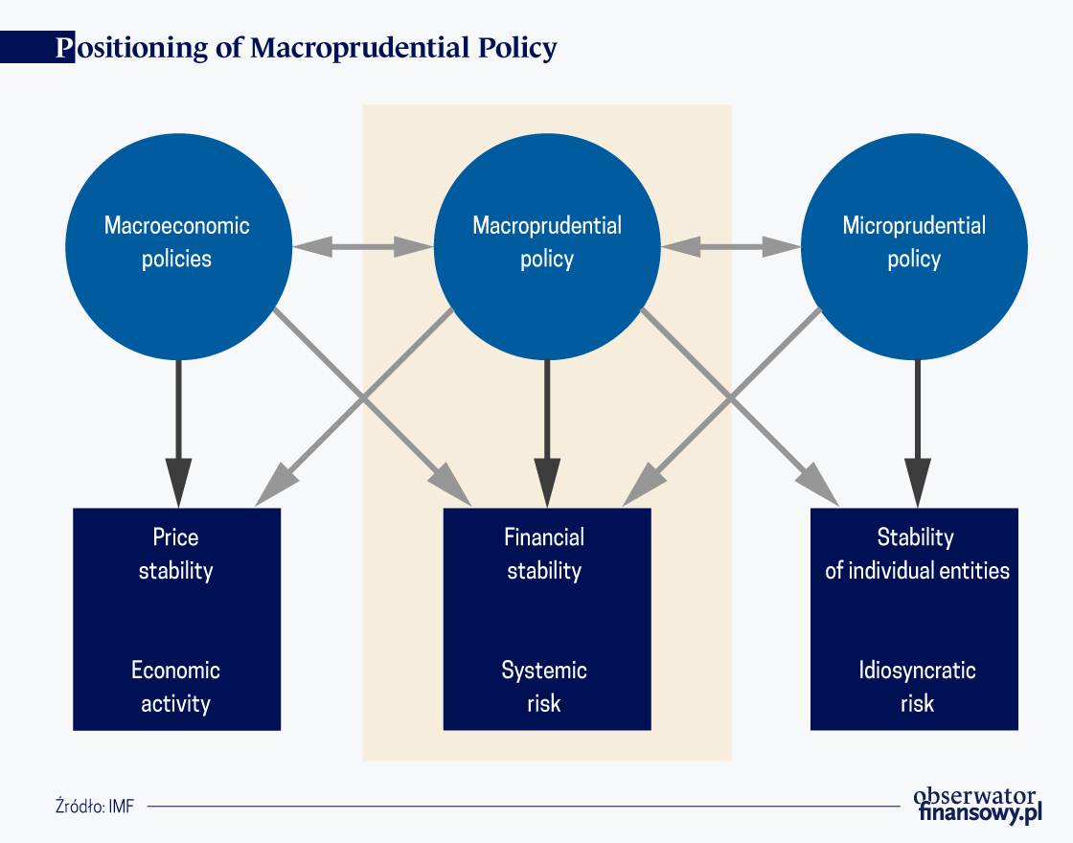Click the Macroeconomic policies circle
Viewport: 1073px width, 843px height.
[178, 246]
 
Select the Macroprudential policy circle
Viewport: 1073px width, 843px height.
[547, 246]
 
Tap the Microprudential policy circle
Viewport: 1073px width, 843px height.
[914, 246]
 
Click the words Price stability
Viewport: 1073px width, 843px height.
[176, 554]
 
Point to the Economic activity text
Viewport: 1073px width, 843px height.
[176, 686]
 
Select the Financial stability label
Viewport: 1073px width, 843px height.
[544, 554]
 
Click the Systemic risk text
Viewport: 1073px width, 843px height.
[544, 686]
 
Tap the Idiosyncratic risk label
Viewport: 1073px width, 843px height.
[917, 686]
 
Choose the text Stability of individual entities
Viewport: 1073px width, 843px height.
[917, 554]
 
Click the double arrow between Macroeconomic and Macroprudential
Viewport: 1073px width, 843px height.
[363, 246]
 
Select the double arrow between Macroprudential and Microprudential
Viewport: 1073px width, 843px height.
[731, 246]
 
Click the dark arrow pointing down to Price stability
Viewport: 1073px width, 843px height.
[178, 434]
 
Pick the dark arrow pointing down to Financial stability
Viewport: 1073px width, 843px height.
[547, 434]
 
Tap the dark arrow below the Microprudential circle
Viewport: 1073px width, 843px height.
[917, 434]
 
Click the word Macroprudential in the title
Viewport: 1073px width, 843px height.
[360, 48]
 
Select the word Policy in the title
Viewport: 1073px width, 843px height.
[517, 48]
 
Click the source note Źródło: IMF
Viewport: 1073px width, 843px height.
[95, 806]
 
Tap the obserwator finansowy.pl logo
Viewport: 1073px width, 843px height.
[978, 805]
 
